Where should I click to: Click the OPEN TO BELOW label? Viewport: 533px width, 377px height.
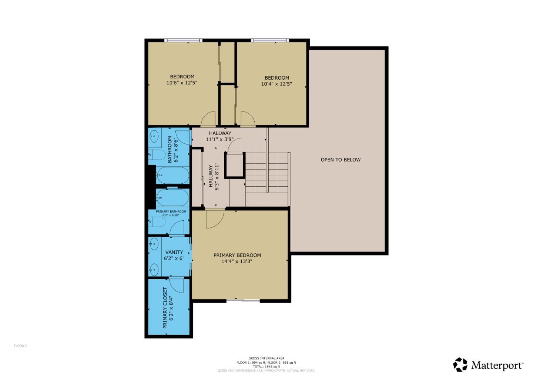pyautogui.click(x=340, y=160)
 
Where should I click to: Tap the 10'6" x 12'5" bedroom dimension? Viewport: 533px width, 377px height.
pyautogui.click(x=182, y=83)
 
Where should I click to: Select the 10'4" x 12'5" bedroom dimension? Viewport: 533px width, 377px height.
pyautogui.click(x=276, y=84)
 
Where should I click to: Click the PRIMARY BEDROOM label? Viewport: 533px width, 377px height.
pyautogui.click(x=237, y=255)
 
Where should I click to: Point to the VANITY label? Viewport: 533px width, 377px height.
pyautogui.click(x=174, y=252)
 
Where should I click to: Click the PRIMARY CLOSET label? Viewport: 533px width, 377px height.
pyautogui.click(x=165, y=308)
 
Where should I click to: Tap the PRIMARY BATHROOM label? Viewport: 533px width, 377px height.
pyautogui.click(x=171, y=211)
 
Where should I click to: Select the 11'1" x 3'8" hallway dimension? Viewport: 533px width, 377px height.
pyautogui.click(x=220, y=140)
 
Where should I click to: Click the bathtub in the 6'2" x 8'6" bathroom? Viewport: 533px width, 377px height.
pyautogui.click(x=172, y=175)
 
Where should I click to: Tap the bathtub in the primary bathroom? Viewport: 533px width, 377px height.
pyautogui.click(x=172, y=198)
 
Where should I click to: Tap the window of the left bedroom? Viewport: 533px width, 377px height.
pyautogui.click(x=183, y=40)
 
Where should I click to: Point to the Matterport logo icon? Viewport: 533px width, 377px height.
pyautogui.click(x=460, y=365)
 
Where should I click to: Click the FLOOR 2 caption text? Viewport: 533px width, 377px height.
pyautogui.click(x=20, y=346)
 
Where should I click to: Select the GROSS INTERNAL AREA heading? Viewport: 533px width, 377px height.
pyautogui.click(x=266, y=358)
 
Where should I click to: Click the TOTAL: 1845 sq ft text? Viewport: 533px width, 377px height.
pyautogui.click(x=266, y=367)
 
